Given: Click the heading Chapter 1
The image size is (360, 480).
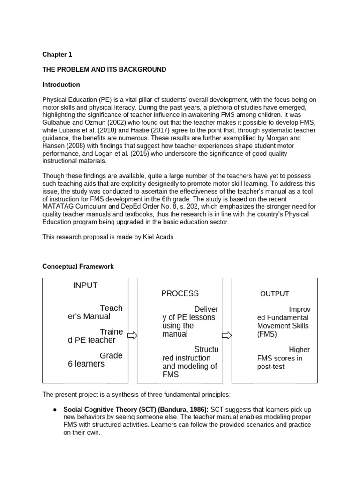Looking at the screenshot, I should pos(57,54).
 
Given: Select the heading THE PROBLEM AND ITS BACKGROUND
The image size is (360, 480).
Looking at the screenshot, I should pos(104,69).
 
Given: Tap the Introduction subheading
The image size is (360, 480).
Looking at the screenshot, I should pos(61,85).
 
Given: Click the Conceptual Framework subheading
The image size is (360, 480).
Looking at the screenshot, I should pos(78,267).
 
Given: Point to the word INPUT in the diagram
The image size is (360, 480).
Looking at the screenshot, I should pos(85,285).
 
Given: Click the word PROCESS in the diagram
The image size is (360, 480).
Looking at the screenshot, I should pos(180,294).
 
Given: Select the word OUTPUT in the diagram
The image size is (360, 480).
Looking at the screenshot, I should pos(275,294).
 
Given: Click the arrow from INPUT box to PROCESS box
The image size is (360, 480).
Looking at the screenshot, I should pos(132,335).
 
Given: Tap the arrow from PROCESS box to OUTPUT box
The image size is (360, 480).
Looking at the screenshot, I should pos(226,335).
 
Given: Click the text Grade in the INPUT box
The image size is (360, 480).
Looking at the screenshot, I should pos(111,356).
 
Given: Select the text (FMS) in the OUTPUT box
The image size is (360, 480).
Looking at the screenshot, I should pos(267,334).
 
